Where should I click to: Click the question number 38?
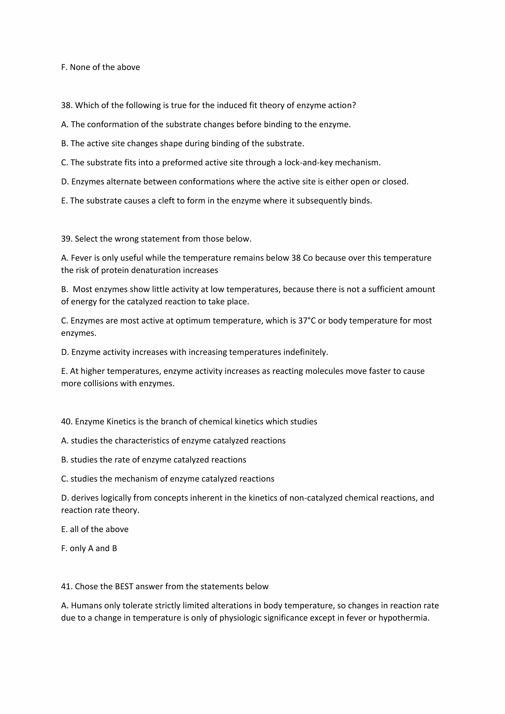coord(67,105)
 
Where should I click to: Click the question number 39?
coord(67,239)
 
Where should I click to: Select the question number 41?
coord(67,587)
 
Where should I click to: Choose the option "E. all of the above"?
coord(95,529)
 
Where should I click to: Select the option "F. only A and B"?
coord(89,548)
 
